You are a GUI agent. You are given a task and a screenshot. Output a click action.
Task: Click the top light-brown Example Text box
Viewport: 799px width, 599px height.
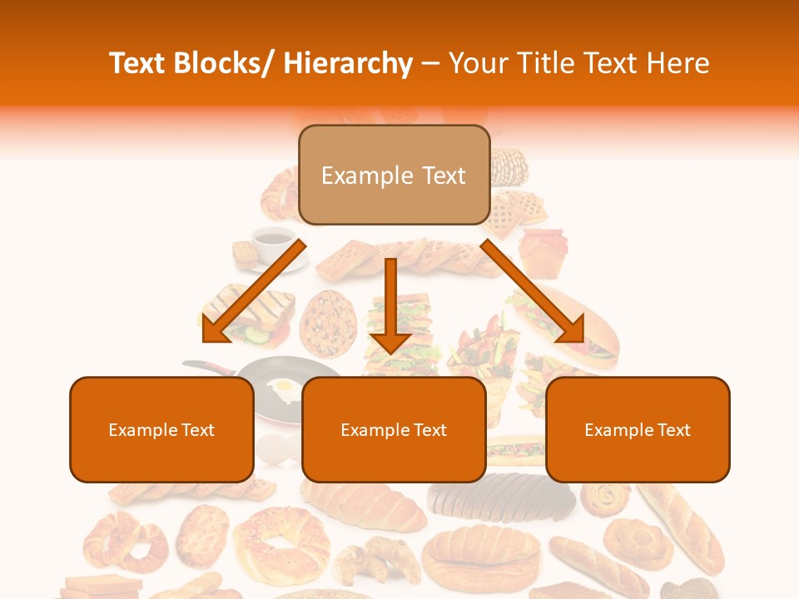click(x=394, y=175)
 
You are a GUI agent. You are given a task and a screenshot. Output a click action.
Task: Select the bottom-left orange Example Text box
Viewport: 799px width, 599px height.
click(x=161, y=429)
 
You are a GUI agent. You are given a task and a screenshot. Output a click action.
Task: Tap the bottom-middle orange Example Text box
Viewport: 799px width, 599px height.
click(x=394, y=429)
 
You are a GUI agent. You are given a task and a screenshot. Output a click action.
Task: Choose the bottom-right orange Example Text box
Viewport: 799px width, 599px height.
click(x=638, y=429)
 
